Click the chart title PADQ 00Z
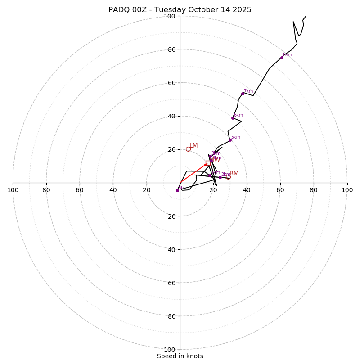click(x=180, y=10)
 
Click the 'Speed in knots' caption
click(x=180, y=356)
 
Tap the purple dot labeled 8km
click(x=282, y=58)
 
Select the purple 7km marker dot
click(x=243, y=94)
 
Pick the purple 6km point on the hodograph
click(x=233, y=118)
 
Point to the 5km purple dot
click(x=230, y=140)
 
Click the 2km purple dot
click(x=220, y=177)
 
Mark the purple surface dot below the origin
click(x=177, y=190)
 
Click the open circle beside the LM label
click(x=188, y=149)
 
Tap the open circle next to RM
click(x=228, y=177)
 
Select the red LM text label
click(x=193, y=145)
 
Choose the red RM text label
click(x=234, y=173)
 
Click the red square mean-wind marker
click(x=208, y=163)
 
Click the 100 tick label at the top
click(x=170, y=16)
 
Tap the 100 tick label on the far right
click(x=347, y=190)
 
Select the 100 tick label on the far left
click(x=13, y=190)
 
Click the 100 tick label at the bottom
click(x=170, y=350)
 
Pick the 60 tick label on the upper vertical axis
click(x=171, y=83)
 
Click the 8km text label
click(x=288, y=55)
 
